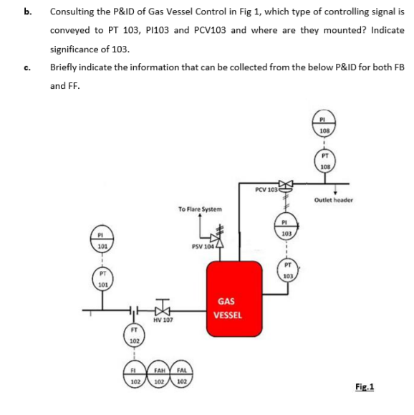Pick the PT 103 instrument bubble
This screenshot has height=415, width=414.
point(286,272)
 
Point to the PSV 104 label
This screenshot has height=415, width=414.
point(203,247)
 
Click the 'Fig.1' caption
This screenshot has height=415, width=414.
point(365,388)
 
